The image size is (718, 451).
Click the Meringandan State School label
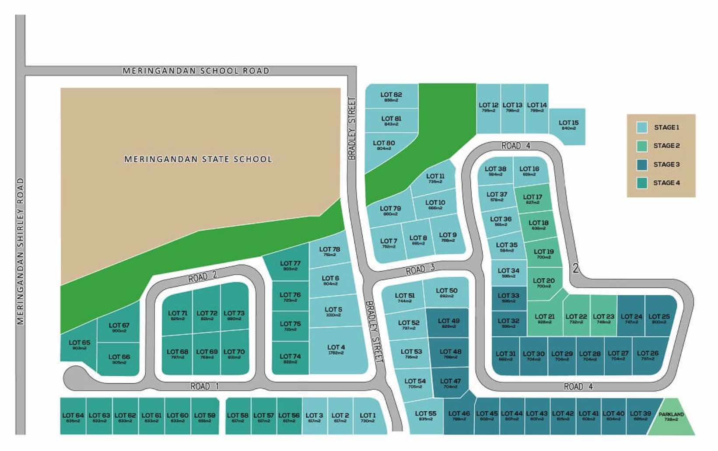[198, 159]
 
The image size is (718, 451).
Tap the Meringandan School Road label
[196, 71]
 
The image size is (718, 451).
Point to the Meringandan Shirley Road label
[20, 252]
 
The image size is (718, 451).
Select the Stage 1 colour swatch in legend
[642, 127]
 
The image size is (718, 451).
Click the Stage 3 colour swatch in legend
[642, 164]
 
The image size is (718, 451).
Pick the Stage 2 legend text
[666, 146]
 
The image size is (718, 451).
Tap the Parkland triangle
[671, 418]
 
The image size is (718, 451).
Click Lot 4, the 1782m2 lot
[336, 350]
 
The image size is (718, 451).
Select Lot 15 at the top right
[568, 125]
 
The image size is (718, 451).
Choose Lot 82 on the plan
[391, 97]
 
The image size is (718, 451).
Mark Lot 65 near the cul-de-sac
[79, 345]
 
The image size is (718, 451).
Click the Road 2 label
[203, 276]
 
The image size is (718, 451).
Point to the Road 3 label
[420, 269]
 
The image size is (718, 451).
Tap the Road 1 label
[204, 386]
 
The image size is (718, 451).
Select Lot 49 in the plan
[448, 323]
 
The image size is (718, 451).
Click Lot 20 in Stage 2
[544, 283]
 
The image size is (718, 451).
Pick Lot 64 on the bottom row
[73, 417]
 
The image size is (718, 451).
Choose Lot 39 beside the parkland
[640, 416]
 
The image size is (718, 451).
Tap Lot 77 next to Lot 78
[290, 266]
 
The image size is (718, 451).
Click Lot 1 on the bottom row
[368, 417]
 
